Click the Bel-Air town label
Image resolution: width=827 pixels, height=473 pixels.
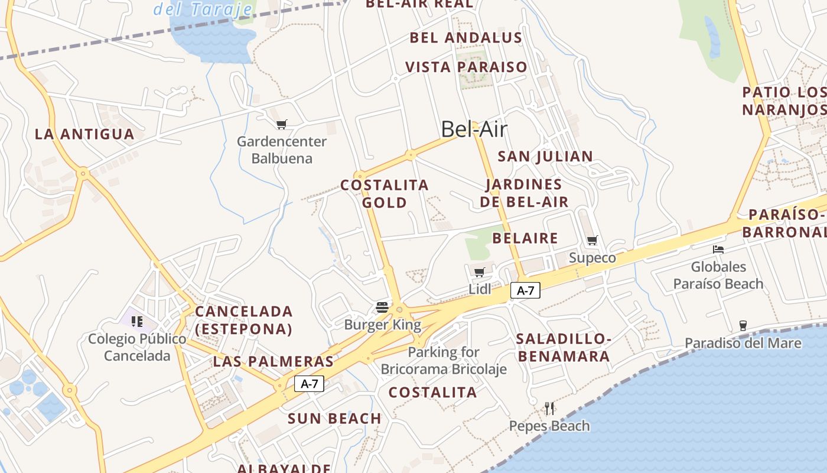click(474, 129)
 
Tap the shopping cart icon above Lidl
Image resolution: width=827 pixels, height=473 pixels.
click(479, 273)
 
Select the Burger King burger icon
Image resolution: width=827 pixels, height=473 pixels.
click(382, 307)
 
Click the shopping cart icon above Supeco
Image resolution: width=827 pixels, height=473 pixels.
click(592, 241)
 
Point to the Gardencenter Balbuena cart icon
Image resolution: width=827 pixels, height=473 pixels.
click(282, 125)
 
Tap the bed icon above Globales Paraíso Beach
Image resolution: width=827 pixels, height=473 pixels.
click(718, 250)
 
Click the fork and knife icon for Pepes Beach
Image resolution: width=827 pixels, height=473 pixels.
click(549, 408)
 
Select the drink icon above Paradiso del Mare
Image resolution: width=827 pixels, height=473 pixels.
click(743, 326)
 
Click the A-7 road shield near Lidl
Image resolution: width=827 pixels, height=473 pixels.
click(525, 290)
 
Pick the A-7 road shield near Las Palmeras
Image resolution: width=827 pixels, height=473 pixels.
click(310, 384)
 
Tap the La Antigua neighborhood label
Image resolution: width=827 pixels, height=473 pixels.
click(84, 134)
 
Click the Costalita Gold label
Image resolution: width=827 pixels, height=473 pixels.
click(385, 194)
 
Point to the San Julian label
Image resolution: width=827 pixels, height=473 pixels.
click(545, 157)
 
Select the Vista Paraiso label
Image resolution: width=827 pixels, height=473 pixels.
click(466, 67)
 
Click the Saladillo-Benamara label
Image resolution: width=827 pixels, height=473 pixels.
click(563, 348)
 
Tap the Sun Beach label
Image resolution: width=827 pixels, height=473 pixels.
click(334, 419)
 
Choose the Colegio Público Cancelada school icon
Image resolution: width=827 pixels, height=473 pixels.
click(137, 322)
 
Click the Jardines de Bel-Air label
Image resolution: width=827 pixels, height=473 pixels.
click(524, 193)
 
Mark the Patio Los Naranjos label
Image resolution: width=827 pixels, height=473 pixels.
click(784, 101)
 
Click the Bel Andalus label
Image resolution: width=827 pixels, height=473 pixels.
click(466, 38)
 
